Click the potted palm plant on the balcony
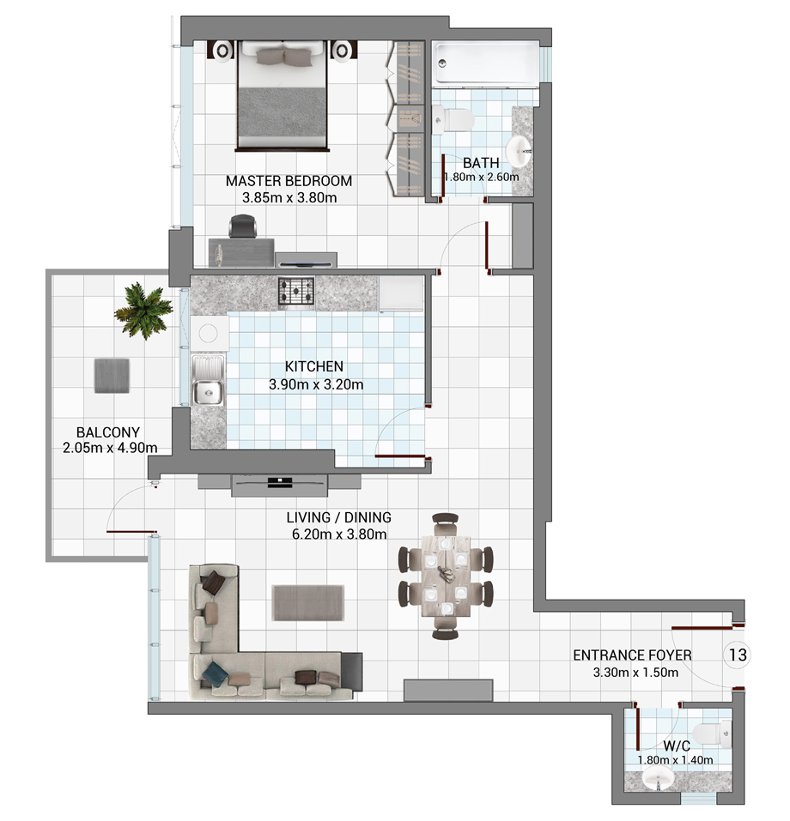point(143,311)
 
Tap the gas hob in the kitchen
point(296,292)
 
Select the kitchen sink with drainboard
point(208,379)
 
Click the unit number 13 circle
point(738,655)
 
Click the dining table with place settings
point(446,577)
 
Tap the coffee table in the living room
point(308,603)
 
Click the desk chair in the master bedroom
point(243,226)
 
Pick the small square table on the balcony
point(112,376)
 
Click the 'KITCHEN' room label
point(314,366)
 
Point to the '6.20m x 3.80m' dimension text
point(339,534)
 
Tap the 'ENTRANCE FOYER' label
point(632,655)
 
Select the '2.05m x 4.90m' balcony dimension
point(110,448)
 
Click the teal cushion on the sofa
point(216,673)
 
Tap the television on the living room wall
point(280,482)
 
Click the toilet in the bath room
point(453,119)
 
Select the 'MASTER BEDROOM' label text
point(289,181)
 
